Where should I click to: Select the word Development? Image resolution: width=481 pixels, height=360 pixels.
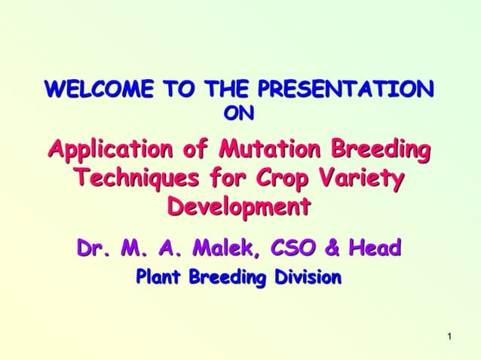(x=238, y=207)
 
